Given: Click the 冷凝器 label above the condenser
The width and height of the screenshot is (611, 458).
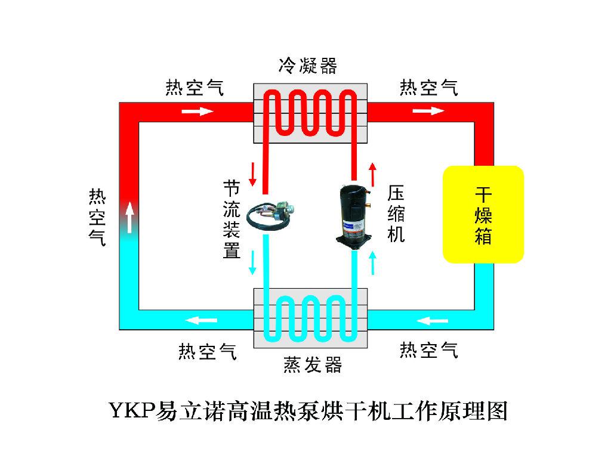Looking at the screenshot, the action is [308, 66].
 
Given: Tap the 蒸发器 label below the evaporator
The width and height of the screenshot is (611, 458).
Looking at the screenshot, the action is [313, 365].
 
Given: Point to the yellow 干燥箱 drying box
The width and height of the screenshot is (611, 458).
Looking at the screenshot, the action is [483, 214].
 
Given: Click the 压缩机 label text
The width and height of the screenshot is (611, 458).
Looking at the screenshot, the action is [396, 213].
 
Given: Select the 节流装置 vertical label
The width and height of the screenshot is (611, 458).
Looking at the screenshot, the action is [232, 219].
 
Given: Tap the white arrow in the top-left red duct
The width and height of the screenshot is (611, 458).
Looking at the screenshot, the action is [198, 112].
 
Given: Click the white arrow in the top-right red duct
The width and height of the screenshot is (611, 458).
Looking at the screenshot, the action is [428, 111].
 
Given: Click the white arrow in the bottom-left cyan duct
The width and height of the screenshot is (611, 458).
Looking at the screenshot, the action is [201, 320].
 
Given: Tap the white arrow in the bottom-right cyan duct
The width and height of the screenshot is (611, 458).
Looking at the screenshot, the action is [432, 321].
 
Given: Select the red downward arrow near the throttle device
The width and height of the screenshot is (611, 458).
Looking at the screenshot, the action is [252, 174].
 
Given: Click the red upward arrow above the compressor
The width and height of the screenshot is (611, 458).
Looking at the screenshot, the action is [373, 175].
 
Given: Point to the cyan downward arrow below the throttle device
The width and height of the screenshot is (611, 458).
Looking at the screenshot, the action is [252, 263].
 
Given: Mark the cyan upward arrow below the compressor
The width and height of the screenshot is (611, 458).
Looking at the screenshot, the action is [373, 263].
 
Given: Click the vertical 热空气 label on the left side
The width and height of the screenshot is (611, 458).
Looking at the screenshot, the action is [97, 217].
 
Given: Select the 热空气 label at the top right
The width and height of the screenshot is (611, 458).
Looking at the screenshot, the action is [428, 88].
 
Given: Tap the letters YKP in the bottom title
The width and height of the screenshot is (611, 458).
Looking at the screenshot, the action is [132, 410].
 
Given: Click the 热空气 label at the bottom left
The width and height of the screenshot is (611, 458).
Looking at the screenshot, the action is [208, 352].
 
